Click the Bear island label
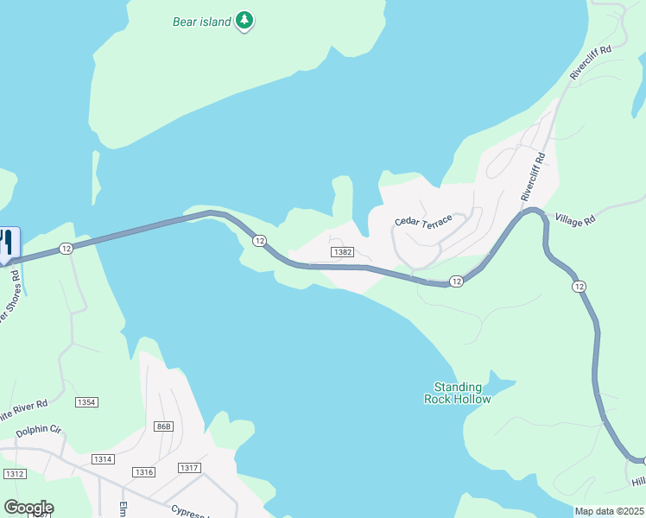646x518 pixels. [x=201, y=21]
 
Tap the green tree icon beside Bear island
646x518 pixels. [x=245, y=20]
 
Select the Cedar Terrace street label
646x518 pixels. [x=423, y=222]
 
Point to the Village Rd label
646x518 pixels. [x=575, y=220]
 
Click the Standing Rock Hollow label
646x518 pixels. [x=458, y=393]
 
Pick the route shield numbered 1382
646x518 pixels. [x=340, y=251]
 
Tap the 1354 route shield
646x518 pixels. [x=86, y=402]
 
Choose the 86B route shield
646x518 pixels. [x=164, y=426]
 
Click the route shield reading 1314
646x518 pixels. [x=102, y=458]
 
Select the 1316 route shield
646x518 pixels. [x=143, y=471]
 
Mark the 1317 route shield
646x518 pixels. [x=189, y=467]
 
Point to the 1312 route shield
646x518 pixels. [x=14, y=474]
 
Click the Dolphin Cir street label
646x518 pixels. [x=32, y=428]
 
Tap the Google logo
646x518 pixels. [x=28, y=507]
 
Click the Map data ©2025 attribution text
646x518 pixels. [x=610, y=511]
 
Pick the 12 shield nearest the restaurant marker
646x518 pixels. [x=66, y=248]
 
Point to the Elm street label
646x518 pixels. [x=123, y=507]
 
